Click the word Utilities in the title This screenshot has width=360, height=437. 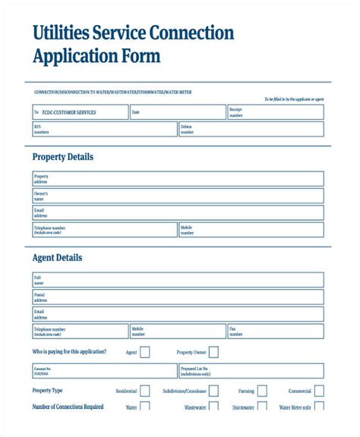click(x=60, y=33)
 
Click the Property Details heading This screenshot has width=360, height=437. click(x=62, y=157)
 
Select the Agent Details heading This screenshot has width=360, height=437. click(x=57, y=258)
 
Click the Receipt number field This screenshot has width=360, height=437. click(x=275, y=112)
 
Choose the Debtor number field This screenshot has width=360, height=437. click(x=251, y=130)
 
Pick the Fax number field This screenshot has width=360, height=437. click(x=275, y=332)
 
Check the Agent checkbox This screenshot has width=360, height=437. click(x=145, y=352)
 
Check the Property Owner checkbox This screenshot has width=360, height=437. click(x=213, y=352)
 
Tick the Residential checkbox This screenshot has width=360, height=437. click(x=145, y=391)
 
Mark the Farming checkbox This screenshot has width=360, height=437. click(x=262, y=391)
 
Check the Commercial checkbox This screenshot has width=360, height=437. click(x=320, y=391)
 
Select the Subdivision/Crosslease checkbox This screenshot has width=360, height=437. click(x=213, y=391)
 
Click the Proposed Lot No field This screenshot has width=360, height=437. click(x=251, y=372)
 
